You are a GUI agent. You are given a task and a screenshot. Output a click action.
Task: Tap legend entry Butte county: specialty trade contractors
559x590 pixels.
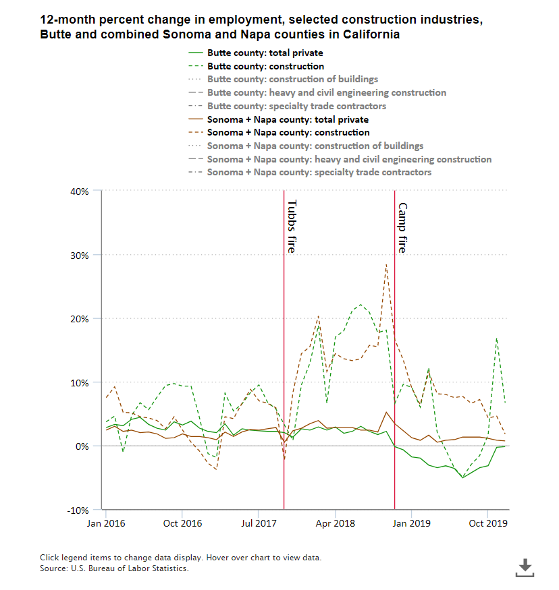coord(296,106)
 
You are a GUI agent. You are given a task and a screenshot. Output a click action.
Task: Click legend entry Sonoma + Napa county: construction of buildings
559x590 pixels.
coord(315,146)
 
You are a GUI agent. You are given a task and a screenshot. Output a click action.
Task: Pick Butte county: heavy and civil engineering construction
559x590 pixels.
coord(327,92)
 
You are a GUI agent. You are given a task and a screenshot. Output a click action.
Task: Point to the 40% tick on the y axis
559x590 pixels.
coord(80,191)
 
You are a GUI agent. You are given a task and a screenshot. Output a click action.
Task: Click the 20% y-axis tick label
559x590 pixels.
coord(80,319)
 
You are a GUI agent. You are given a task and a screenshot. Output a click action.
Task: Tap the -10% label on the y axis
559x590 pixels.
coord(78,510)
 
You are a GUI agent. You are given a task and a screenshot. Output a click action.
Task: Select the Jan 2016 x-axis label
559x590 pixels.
coord(105,523)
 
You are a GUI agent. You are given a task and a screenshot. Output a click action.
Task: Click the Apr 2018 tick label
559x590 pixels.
coord(335,523)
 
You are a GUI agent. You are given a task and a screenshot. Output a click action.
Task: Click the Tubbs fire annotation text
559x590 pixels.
coord(292,227)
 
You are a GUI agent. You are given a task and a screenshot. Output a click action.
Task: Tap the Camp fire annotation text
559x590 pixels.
coord(402,228)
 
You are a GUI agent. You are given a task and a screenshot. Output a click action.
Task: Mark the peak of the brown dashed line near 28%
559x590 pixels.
coord(385,264)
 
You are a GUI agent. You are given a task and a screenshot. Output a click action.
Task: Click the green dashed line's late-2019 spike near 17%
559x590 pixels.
coord(497,338)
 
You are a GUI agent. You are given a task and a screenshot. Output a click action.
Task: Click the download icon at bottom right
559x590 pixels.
coord(525,568)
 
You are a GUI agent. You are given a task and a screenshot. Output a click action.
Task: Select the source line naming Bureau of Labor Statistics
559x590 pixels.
coord(114,568)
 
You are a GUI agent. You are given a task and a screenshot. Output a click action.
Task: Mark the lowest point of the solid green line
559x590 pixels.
coord(463,477)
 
